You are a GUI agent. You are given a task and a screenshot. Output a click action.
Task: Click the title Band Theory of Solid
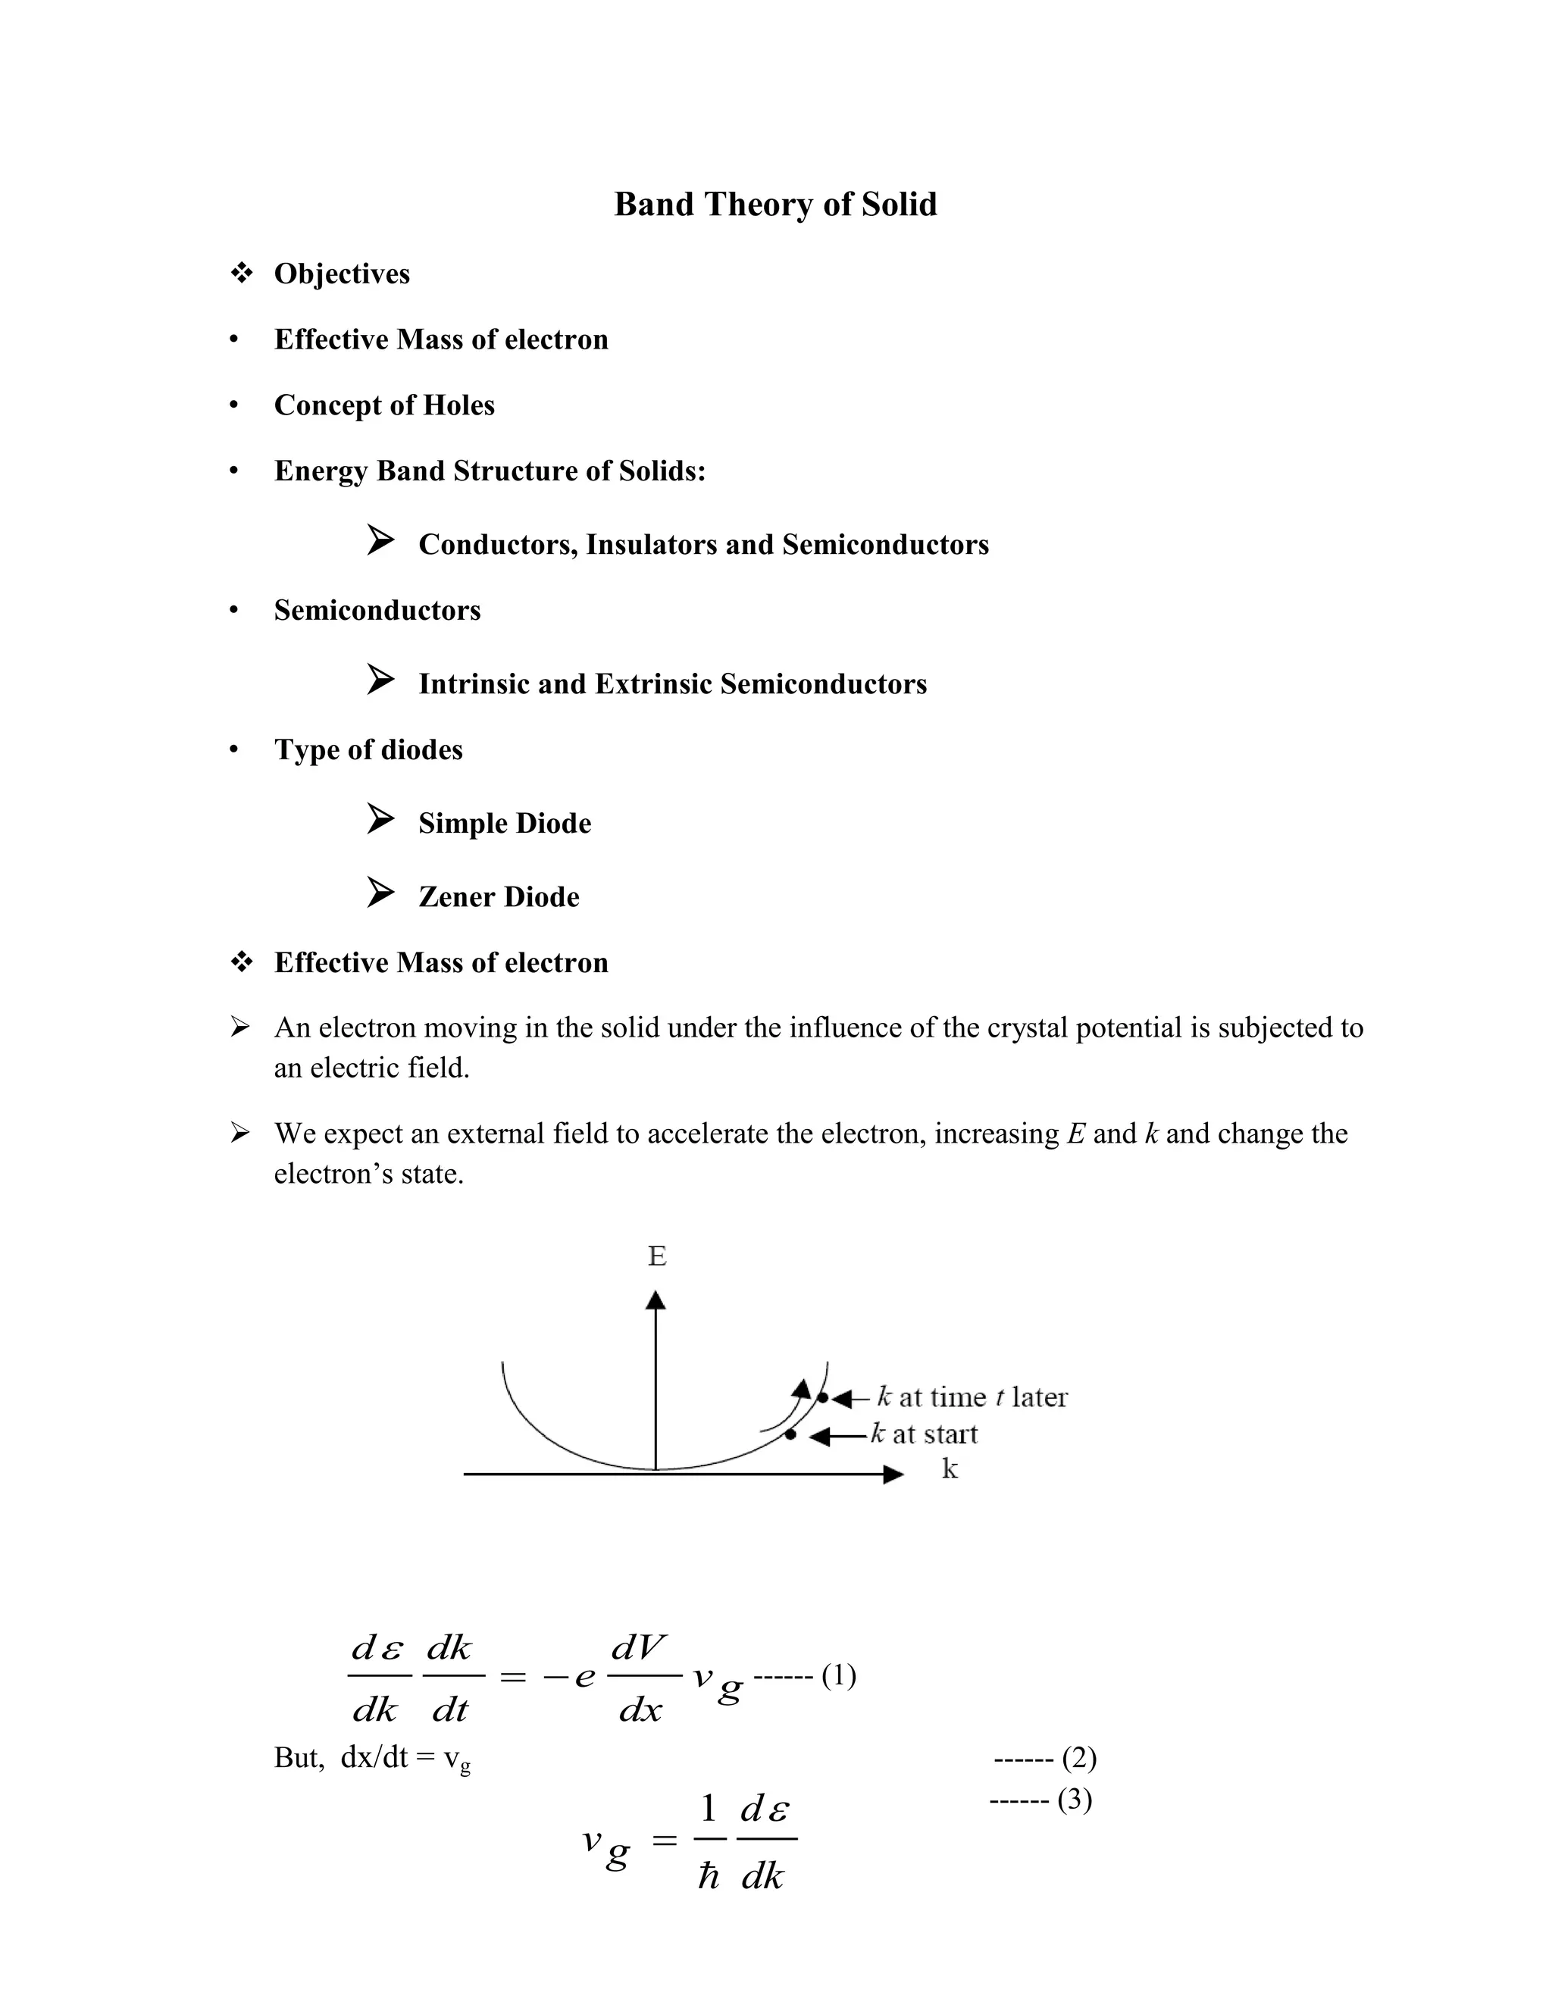pos(775,204)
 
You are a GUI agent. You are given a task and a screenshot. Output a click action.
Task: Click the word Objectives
pos(342,274)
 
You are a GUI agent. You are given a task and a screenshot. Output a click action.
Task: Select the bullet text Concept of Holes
pos(384,405)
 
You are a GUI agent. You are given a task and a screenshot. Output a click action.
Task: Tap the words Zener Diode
pos(499,896)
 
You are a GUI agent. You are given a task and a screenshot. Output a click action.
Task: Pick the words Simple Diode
pos(505,823)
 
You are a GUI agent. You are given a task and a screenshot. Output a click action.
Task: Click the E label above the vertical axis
pos(656,1256)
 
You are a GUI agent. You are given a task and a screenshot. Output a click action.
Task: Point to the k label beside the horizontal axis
pos(949,1469)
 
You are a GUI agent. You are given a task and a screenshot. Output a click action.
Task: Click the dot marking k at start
pos(790,1434)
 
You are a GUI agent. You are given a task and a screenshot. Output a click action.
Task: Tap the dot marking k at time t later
pos(823,1397)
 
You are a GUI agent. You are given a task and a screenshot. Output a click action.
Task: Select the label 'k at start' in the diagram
pos(924,1434)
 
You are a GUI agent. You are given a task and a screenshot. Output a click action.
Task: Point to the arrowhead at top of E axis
pos(656,1299)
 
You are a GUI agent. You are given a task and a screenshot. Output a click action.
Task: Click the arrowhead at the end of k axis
pos(893,1474)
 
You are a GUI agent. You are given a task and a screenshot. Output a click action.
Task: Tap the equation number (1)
pos(839,1676)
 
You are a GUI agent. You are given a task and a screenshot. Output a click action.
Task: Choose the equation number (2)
pos(1078,1758)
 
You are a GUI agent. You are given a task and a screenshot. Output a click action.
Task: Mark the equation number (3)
pos(1074,1800)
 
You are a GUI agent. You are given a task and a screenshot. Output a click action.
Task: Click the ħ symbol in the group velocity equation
pos(708,1875)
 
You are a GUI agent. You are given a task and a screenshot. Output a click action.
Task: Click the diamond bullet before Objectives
pos(241,273)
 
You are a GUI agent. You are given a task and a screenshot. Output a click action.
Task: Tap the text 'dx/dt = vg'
pos(405,1759)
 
